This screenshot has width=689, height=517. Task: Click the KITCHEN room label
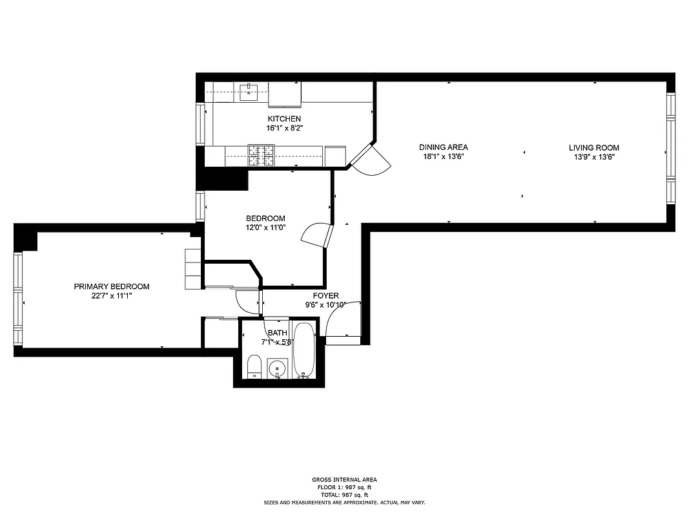[284, 119]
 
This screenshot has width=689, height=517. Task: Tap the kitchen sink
[249, 91]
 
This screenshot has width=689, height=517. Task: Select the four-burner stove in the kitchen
[262, 155]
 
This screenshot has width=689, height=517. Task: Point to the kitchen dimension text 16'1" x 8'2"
[284, 128]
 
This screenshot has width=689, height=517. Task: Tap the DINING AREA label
[443, 147]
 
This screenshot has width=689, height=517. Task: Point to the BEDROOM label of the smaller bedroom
[265, 218]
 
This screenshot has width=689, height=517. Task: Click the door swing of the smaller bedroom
[316, 234]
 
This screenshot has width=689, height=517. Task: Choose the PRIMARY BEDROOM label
[112, 286]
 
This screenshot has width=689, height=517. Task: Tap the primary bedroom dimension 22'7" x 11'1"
[112, 295]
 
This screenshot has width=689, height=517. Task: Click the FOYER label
[326, 296]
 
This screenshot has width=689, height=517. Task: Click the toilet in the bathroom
[254, 366]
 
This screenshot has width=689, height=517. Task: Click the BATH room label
[278, 333]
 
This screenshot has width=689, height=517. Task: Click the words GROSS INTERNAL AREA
[344, 480]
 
